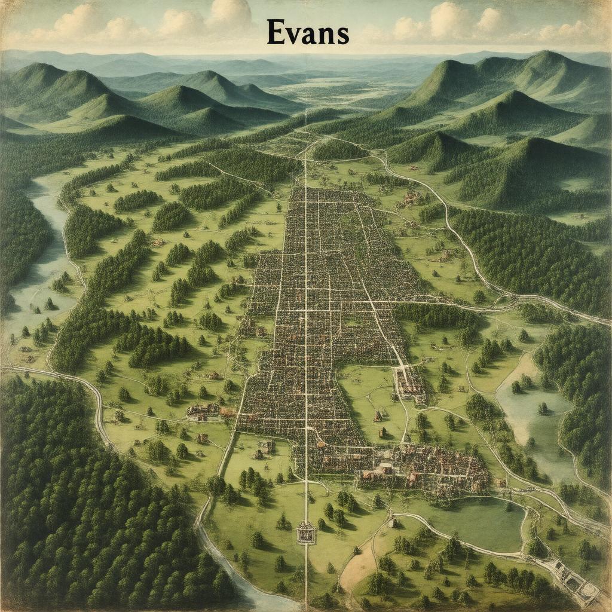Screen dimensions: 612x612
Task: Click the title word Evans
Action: click(x=307, y=33)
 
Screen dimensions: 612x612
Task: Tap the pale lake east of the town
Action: click(x=529, y=412)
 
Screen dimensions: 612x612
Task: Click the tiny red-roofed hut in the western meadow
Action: click(x=158, y=242)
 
